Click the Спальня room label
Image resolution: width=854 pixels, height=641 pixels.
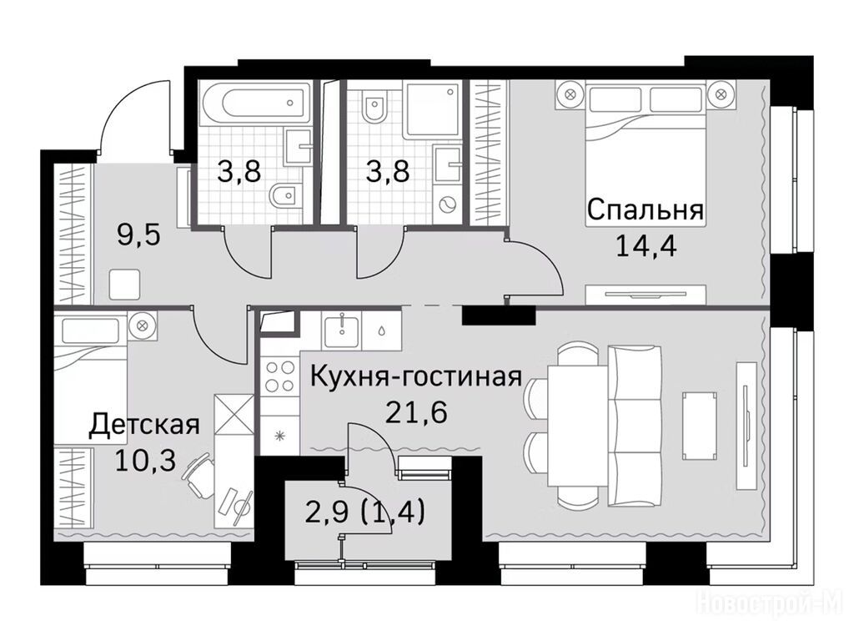[x=646, y=209]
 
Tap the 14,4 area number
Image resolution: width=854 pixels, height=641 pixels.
[x=646, y=245]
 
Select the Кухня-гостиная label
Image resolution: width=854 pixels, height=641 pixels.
[x=416, y=377]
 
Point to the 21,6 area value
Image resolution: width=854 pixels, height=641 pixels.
[x=416, y=412]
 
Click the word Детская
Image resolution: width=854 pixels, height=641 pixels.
[x=144, y=425]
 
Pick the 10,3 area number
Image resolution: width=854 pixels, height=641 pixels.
[x=145, y=461]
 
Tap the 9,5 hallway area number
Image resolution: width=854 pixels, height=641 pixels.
[x=139, y=236]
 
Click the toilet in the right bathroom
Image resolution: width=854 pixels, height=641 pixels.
[x=374, y=108]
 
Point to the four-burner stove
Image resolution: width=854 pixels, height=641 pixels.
[x=279, y=376]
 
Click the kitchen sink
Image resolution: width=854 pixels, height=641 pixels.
[x=341, y=331]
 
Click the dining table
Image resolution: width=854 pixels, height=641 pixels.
[x=577, y=426]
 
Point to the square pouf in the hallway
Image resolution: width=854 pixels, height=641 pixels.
[x=125, y=284]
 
